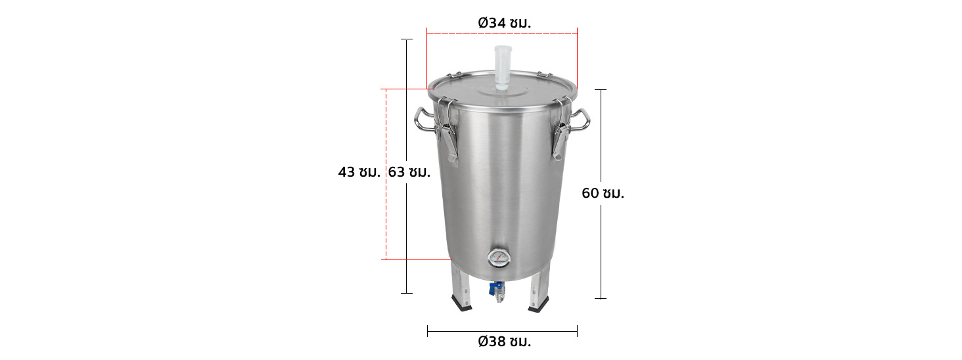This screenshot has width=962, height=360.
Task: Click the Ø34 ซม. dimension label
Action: coord(504,23)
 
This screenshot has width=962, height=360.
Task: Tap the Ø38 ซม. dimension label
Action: coord(504,342)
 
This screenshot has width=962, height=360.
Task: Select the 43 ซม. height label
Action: coord(359,172)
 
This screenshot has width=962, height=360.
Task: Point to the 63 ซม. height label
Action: coord(409,172)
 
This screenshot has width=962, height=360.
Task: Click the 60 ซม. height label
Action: coord(603,193)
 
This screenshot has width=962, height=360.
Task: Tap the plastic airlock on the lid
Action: coord(503,68)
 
